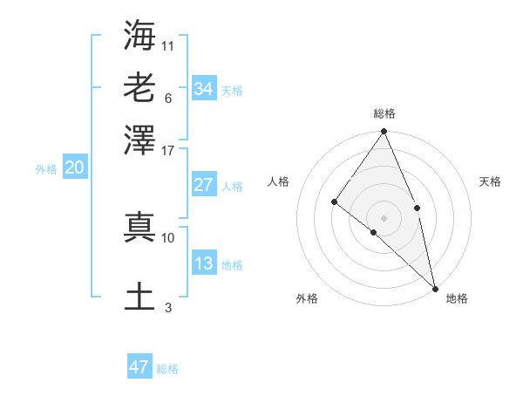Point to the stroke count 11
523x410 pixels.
coord(168,45)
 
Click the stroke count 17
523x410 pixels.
coord(168,149)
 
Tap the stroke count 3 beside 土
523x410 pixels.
coord(168,307)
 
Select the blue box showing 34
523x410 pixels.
coord(204,89)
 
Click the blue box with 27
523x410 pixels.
coord(204,185)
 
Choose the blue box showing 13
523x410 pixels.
coord(204,263)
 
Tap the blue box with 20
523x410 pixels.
coord(74,168)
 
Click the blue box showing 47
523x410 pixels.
coord(139,367)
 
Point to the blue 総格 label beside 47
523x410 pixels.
coord(167,369)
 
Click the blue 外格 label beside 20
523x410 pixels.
coord(45,169)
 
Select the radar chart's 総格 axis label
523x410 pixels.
coord(384,113)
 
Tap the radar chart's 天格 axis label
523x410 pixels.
coord(491,181)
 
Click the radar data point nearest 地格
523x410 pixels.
coord(435,287)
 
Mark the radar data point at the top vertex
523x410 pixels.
coord(384,132)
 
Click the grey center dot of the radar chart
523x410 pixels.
coord(384,216)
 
